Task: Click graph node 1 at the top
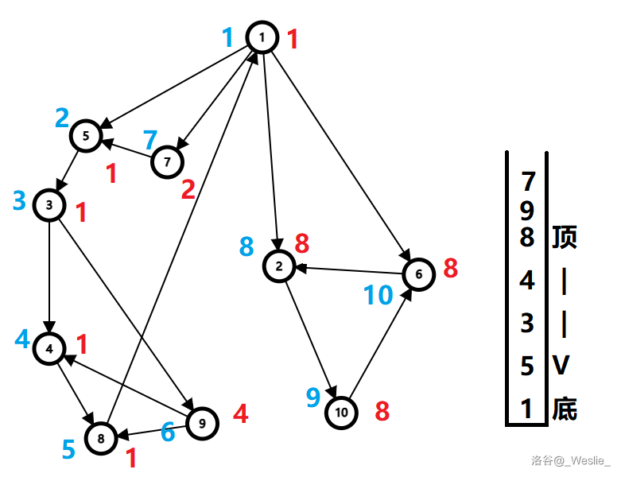tap(262, 37)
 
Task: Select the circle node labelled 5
tap(86, 135)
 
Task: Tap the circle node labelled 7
tap(167, 161)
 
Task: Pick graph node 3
tap(49, 205)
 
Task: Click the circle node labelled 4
tap(49, 348)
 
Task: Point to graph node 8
tap(101, 437)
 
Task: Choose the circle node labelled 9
tap(202, 424)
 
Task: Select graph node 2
tap(279, 266)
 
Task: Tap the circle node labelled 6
tap(419, 274)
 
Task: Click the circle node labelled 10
tap(342, 412)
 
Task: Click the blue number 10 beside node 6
tap(378, 295)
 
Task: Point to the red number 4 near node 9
tap(240, 414)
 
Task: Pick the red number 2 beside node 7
tap(188, 189)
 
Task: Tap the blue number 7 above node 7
tap(150, 141)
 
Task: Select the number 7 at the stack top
tap(526, 181)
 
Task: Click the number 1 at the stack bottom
tap(526, 409)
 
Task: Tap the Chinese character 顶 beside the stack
tap(564, 237)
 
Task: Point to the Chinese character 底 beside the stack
tap(564, 409)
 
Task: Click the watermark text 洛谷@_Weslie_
tap(571, 460)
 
